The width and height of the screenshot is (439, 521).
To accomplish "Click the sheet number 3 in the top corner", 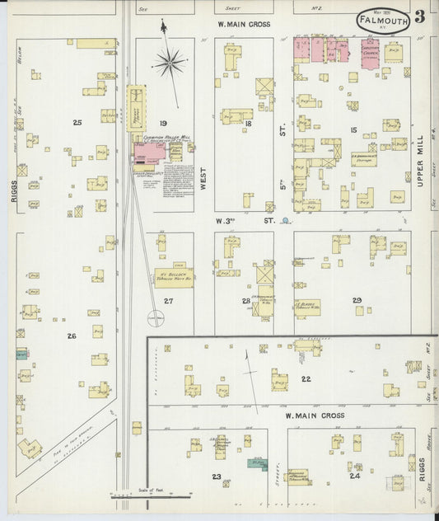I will [x=420, y=16].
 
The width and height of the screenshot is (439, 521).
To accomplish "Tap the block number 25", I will [x=77, y=123].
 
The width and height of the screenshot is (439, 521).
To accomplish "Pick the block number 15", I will [x=353, y=130].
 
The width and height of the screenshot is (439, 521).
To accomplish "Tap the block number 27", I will [x=169, y=301].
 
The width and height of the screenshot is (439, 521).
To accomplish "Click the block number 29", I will [x=357, y=300].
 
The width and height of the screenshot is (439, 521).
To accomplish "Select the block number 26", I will [x=72, y=336].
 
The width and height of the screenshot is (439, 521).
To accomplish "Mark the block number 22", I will [x=306, y=378].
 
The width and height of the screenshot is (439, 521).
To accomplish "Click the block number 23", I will [x=217, y=476].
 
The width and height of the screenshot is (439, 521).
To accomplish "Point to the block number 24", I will [x=354, y=476].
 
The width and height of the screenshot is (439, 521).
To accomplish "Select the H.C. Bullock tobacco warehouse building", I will [x=173, y=278].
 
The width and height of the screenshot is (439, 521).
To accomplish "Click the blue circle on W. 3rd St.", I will [x=285, y=221].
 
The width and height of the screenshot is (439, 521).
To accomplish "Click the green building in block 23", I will [x=257, y=464].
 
